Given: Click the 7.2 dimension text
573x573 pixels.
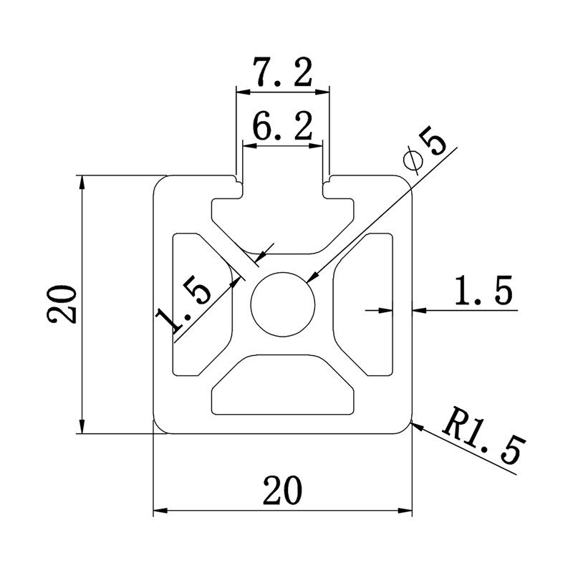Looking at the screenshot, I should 284,74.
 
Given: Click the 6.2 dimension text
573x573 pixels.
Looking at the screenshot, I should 282,128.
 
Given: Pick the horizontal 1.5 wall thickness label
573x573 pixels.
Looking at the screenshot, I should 483,292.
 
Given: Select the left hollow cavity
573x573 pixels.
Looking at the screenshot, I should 197,304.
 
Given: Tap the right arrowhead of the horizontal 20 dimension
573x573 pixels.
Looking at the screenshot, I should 408,511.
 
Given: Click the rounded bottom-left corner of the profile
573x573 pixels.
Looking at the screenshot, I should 158,428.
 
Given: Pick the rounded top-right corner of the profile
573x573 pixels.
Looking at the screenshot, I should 409,180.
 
